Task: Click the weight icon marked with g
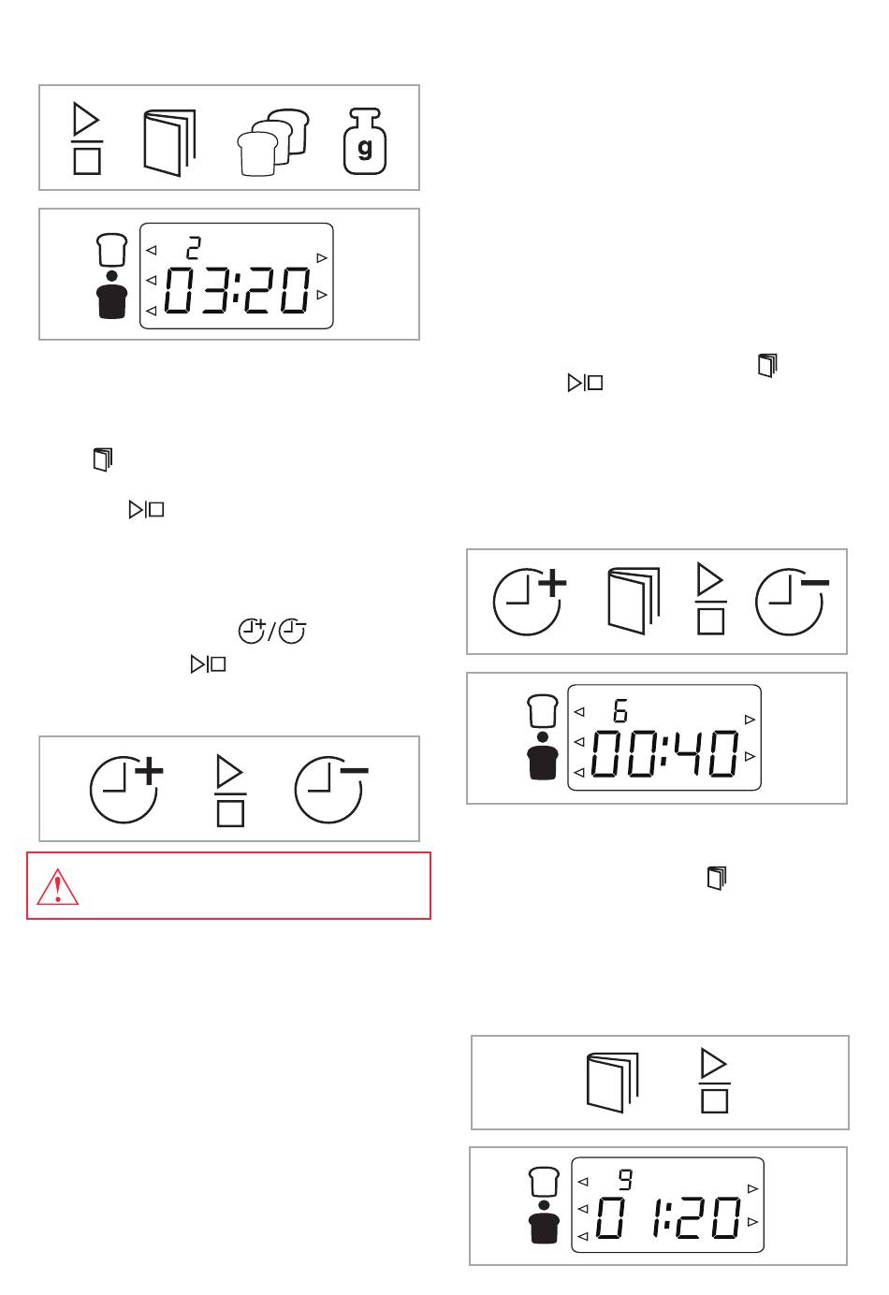pos(365,141)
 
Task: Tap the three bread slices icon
pos(273,142)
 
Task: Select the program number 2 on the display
pos(194,248)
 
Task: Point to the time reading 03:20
pos(237,290)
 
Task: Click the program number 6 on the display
pos(620,710)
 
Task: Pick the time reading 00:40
pos(664,752)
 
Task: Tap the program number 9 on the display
pos(625,1179)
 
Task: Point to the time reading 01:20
pos(668,1217)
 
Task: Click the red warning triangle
pos(58,887)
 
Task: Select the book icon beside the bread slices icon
pos(169,142)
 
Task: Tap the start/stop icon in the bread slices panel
pos(87,138)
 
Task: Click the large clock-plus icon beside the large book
pos(530,602)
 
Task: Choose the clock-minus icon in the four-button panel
pos(792,602)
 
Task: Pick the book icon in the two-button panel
pos(613,1083)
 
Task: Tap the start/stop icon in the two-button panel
pos(714,1080)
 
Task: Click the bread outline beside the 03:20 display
pos(111,249)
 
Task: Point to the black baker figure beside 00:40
pos(543,756)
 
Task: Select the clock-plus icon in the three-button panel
pos(126,789)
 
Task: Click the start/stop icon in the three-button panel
pos(230,791)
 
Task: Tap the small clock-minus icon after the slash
pos(293,632)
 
